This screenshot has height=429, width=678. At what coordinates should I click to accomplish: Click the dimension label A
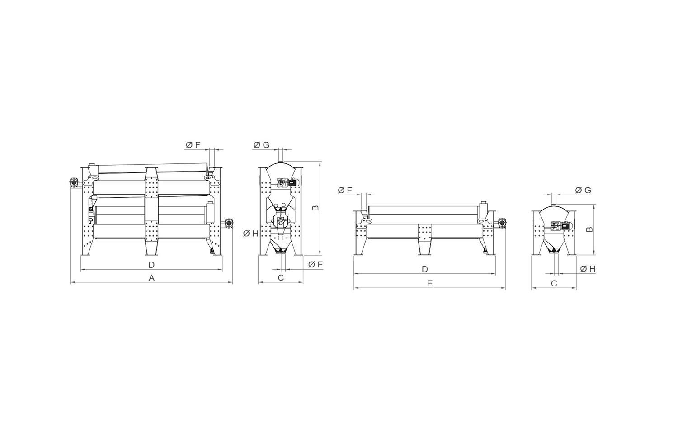pos(151,277)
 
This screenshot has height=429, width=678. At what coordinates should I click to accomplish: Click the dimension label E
pos(430,284)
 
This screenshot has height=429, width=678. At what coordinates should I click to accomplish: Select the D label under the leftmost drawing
pos(151,265)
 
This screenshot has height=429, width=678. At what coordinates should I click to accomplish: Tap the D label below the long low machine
pos(425,269)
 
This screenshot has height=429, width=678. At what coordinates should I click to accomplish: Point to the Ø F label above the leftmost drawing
pos(193,145)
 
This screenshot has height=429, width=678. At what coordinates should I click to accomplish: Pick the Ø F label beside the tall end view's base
pos(315,265)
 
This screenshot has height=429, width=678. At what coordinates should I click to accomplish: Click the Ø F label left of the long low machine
pos(345,190)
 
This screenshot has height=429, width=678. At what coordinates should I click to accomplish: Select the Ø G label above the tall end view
pos(261,145)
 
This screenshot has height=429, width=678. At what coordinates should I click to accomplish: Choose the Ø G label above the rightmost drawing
pos(583,190)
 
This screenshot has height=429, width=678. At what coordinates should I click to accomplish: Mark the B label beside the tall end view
pos(315,208)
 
